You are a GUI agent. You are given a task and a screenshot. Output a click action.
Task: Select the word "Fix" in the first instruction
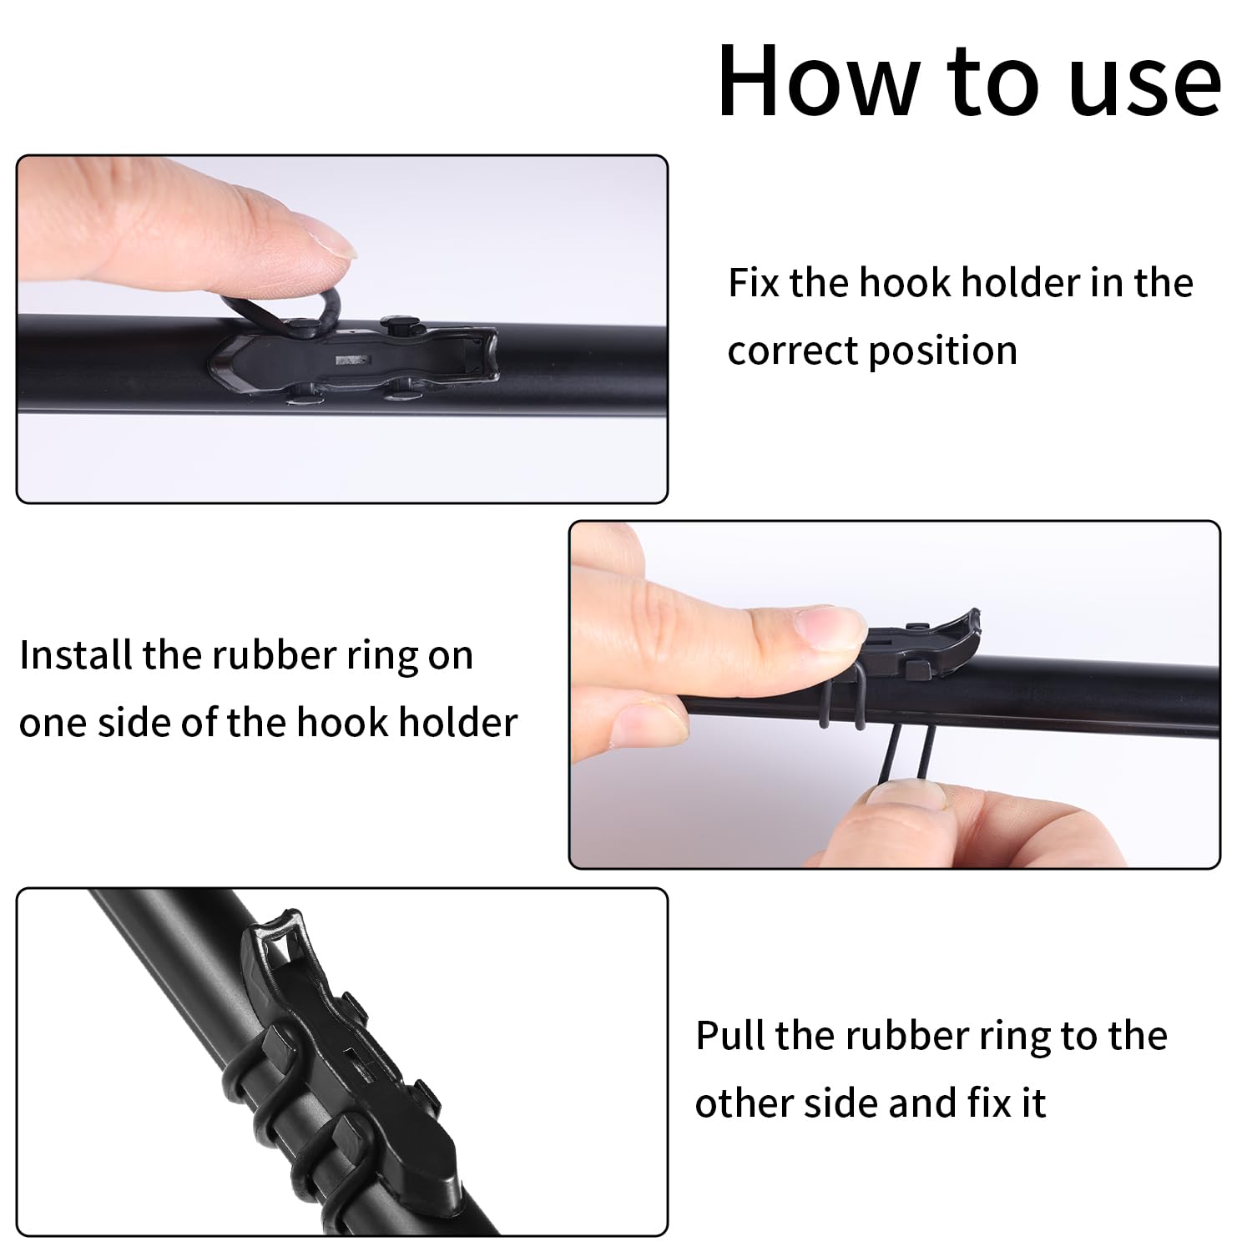[x=754, y=282]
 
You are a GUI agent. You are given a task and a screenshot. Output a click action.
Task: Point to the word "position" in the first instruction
[x=943, y=351]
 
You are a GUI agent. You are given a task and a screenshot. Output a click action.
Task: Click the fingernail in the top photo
[x=330, y=239]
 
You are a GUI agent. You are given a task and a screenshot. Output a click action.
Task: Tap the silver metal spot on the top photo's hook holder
[x=351, y=361]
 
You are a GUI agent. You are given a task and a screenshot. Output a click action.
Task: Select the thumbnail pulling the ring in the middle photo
[x=906, y=792]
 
